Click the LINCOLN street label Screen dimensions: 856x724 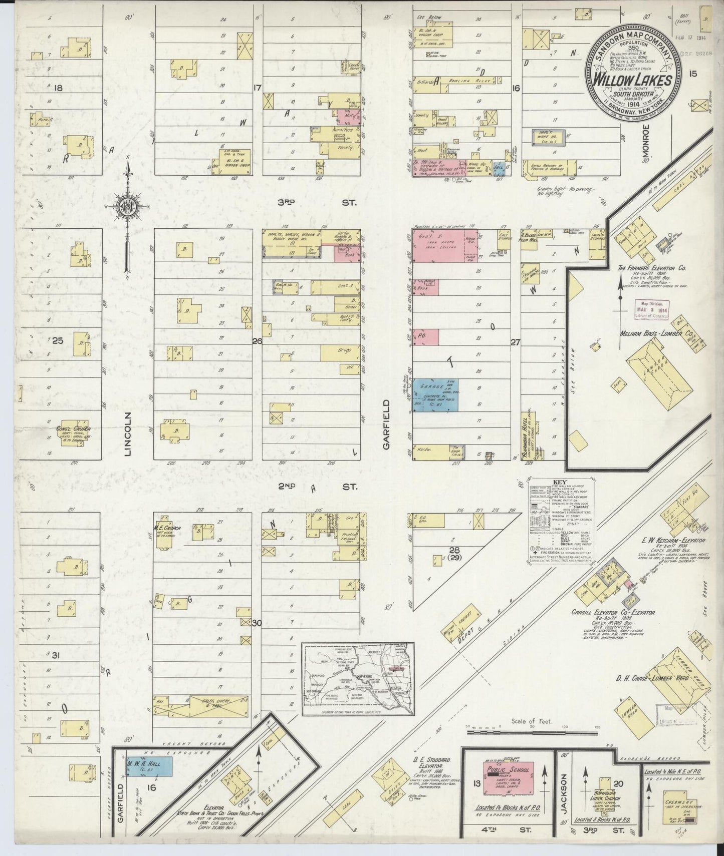coord(128,434)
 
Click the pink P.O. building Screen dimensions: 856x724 coord(426,337)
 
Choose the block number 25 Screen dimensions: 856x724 coord(58,341)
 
